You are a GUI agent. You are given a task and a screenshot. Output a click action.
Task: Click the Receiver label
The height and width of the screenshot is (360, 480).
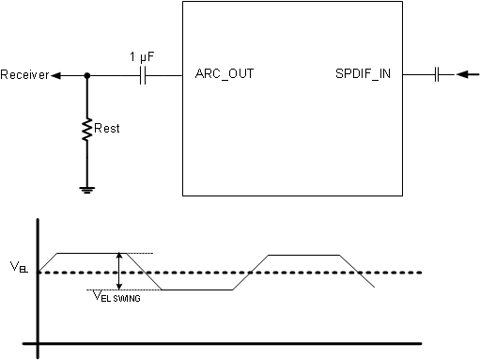(x=24, y=75)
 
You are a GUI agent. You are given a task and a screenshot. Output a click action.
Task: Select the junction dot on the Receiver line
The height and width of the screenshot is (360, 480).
(x=87, y=75)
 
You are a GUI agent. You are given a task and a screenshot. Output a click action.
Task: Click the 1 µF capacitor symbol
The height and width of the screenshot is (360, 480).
(x=144, y=75)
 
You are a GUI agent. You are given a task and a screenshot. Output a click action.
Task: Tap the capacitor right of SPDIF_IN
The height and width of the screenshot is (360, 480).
(x=438, y=74)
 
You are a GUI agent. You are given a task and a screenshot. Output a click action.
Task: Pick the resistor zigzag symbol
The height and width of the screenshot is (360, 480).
(x=87, y=129)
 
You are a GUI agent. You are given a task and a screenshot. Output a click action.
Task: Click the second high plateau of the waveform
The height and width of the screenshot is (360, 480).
(x=303, y=255)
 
